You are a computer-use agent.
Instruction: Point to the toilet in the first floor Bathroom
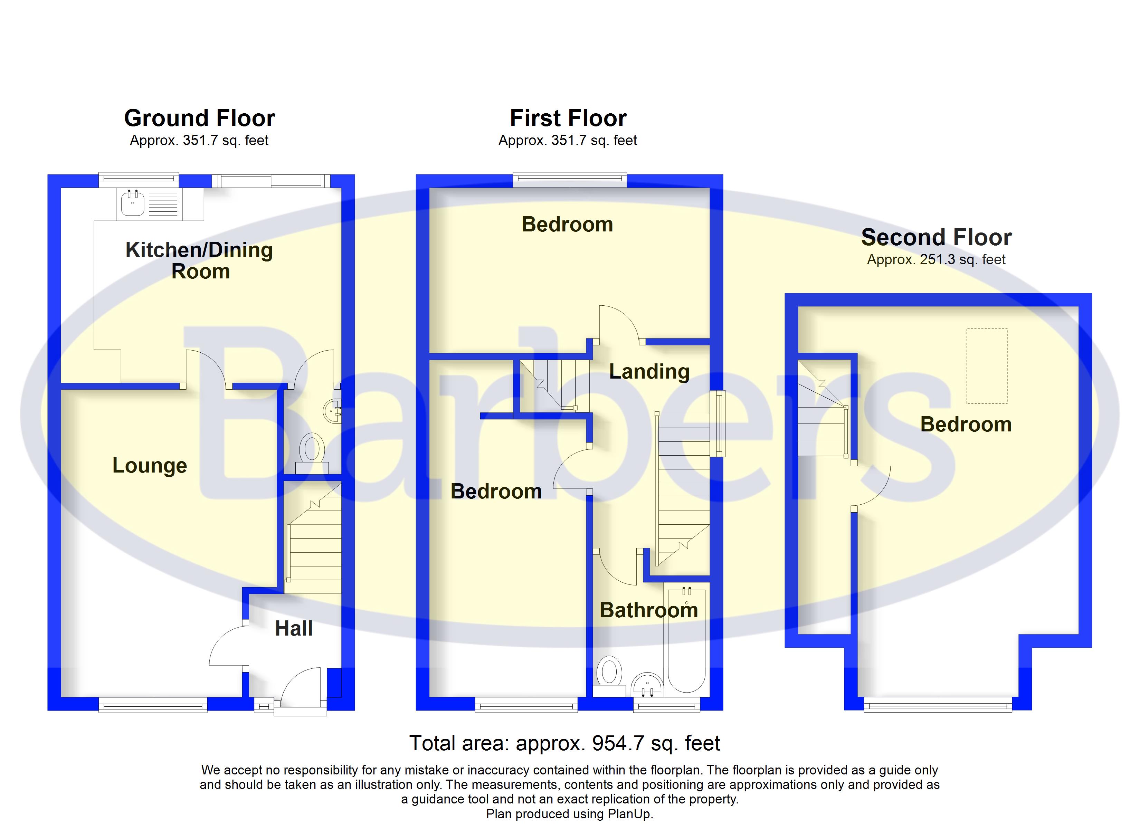tap(609, 676)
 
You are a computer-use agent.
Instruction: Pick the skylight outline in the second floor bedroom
tap(986, 366)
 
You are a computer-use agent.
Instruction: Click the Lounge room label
tap(150, 466)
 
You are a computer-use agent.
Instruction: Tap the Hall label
tap(294, 628)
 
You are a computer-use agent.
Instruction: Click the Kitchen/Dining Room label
tap(200, 260)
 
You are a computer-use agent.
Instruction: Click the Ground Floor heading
tap(200, 118)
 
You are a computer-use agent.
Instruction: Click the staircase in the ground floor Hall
tap(313, 538)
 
